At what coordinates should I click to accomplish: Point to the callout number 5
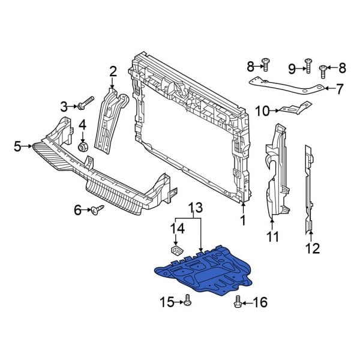click(x=17, y=145)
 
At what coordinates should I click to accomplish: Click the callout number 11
click(x=273, y=237)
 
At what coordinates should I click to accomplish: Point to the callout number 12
click(x=313, y=247)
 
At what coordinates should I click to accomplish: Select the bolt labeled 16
click(x=238, y=302)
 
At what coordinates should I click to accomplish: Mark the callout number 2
click(x=112, y=73)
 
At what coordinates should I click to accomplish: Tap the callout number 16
click(x=259, y=302)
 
